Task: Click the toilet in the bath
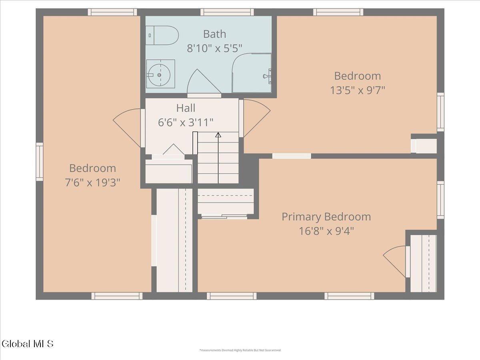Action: [162, 36]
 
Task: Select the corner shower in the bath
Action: [252, 73]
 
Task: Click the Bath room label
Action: [214, 34]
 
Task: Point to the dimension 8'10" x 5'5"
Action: [214, 48]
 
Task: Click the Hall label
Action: [186, 108]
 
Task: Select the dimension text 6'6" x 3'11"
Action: [186, 122]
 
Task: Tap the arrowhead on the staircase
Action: [218, 135]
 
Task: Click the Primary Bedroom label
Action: [326, 217]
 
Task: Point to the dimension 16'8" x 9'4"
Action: [326, 231]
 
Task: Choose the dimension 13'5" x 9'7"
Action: [357, 90]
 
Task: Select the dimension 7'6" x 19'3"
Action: [92, 182]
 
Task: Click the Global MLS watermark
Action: [27, 343]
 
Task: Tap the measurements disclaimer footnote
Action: [240, 350]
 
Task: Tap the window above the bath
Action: [227, 12]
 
